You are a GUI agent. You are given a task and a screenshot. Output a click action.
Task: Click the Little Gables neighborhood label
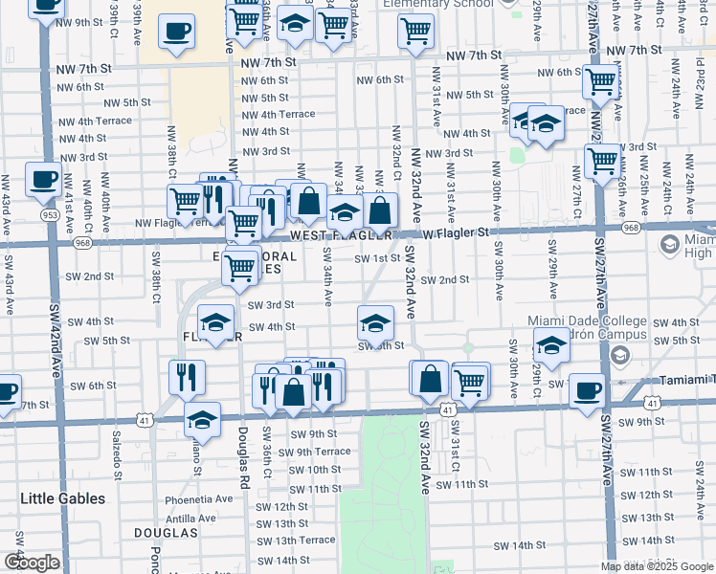click(x=63, y=498)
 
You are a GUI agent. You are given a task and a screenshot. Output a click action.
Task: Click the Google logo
click(x=32, y=563)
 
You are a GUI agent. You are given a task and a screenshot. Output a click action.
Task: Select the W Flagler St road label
click(x=456, y=232)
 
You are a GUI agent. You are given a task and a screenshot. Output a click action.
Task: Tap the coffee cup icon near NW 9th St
click(x=174, y=32)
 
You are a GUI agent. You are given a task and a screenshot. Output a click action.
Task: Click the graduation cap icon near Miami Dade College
click(x=550, y=344)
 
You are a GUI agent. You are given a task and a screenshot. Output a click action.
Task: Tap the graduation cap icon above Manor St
click(x=202, y=418)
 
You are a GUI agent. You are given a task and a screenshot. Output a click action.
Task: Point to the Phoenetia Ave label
click(x=199, y=498)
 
